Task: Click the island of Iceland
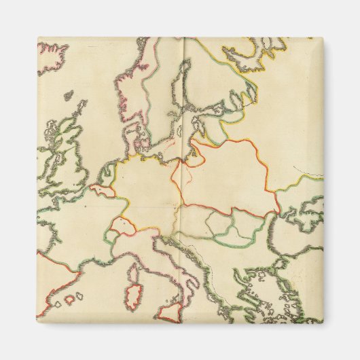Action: [53, 57]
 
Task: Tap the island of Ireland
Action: [46, 159]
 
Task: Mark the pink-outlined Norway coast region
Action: [129, 88]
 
